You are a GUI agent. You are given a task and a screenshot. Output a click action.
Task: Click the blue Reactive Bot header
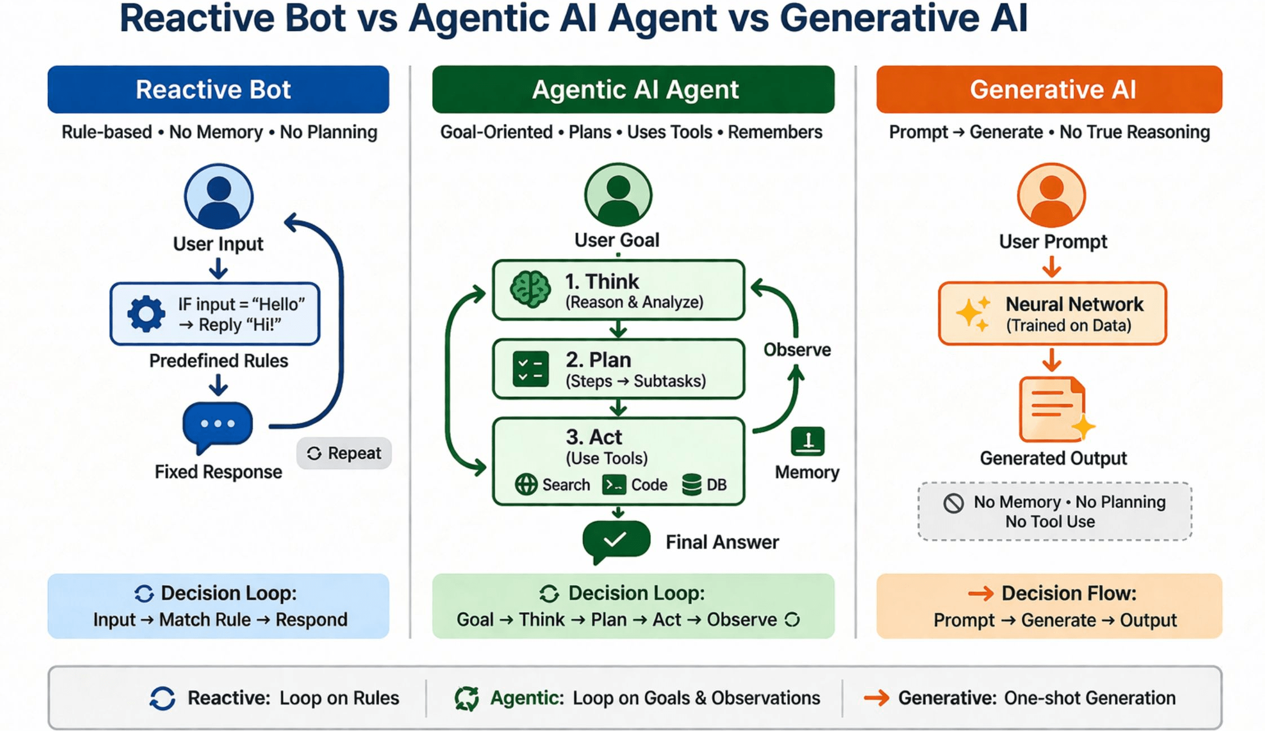218,90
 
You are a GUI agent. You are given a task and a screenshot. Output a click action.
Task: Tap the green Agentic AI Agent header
633,90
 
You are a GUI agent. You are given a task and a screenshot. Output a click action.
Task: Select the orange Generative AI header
1049,90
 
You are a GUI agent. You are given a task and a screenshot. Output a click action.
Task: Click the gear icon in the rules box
146,313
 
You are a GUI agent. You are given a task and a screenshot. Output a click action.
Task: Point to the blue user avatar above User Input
219,196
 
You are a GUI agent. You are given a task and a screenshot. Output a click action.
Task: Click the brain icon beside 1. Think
530,290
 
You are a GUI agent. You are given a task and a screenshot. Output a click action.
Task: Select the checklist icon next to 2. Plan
530,369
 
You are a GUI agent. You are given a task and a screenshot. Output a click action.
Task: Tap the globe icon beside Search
526,484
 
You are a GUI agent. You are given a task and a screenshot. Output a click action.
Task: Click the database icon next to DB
691,484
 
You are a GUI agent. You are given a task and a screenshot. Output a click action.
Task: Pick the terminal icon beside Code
614,484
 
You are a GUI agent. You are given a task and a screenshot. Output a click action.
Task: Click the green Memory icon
807,441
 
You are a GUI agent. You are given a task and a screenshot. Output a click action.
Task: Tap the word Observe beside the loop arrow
797,349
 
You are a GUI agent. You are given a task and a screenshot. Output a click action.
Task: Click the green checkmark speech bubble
615,541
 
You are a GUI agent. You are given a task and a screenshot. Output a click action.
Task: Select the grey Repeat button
344,453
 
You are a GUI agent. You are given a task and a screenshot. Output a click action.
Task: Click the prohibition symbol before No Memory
953,503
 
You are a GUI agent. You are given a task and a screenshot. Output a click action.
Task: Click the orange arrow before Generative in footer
876,698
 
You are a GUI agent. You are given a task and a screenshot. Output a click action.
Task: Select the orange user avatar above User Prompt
1051,196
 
